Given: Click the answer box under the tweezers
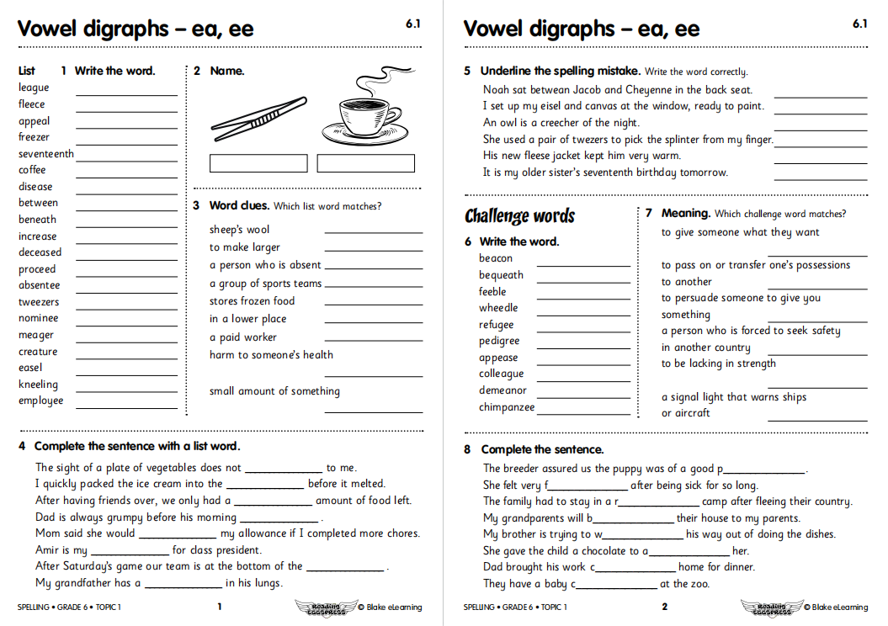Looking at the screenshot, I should pos(258,163).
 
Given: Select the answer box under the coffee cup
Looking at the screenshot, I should pos(366,163).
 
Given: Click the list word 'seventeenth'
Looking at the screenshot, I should pos(46,154).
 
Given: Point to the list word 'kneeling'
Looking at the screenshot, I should pos(39,385).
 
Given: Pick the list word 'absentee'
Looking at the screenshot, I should pos(40,285).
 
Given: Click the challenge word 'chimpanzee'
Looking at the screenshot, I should pos(507,407).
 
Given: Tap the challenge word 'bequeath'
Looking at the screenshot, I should pos(501,275).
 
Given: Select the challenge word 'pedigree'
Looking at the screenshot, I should pos(499,341).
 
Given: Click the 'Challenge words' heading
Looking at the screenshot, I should pos(519,216).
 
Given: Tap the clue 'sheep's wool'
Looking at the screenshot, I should pos(240,230).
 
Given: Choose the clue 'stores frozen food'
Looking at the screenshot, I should pos(252,301).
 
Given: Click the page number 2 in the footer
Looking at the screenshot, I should pos(664,607).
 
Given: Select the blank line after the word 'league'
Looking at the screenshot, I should pos(126,93).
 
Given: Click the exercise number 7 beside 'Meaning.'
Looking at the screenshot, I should pos(649,214).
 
